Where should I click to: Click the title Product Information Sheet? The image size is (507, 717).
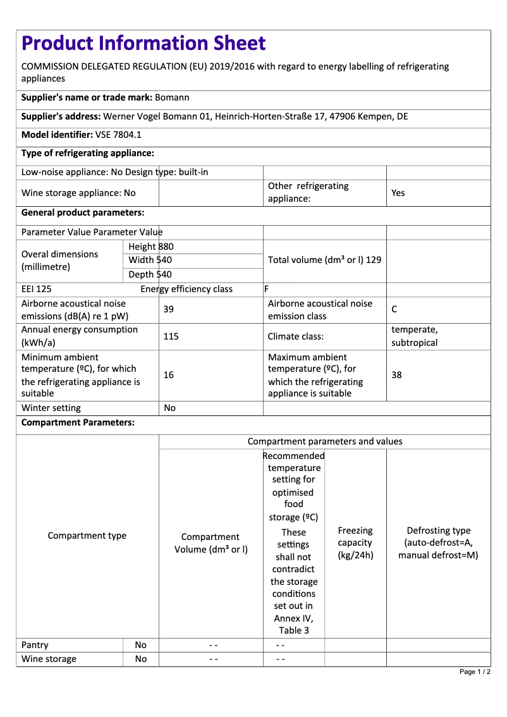(144, 44)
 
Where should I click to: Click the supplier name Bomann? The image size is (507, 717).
(172, 98)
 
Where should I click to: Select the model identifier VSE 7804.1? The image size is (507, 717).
(119, 135)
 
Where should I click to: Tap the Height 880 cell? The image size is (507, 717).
(151, 247)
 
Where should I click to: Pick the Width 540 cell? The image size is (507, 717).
(150, 260)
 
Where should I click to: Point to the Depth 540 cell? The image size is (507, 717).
(150, 274)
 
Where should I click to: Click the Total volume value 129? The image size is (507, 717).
(374, 260)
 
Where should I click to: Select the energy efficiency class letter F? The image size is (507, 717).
(267, 290)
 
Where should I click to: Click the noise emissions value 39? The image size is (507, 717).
(169, 309)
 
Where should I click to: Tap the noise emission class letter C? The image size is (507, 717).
(394, 309)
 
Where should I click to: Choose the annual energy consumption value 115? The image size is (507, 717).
(171, 336)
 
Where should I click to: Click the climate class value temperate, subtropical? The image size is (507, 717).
(415, 336)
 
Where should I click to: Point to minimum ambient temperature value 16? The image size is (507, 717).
(169, 375)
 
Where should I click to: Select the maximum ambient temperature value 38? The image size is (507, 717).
(396, 375)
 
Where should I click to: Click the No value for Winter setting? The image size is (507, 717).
(169, 408)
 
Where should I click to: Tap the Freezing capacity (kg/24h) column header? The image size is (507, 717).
(355, 543)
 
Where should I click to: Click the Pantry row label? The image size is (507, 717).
(35, 645)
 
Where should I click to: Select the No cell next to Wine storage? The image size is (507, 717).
(140, 659)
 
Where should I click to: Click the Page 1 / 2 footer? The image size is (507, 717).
(475, 671)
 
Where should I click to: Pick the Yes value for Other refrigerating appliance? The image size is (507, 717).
(398, 193)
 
